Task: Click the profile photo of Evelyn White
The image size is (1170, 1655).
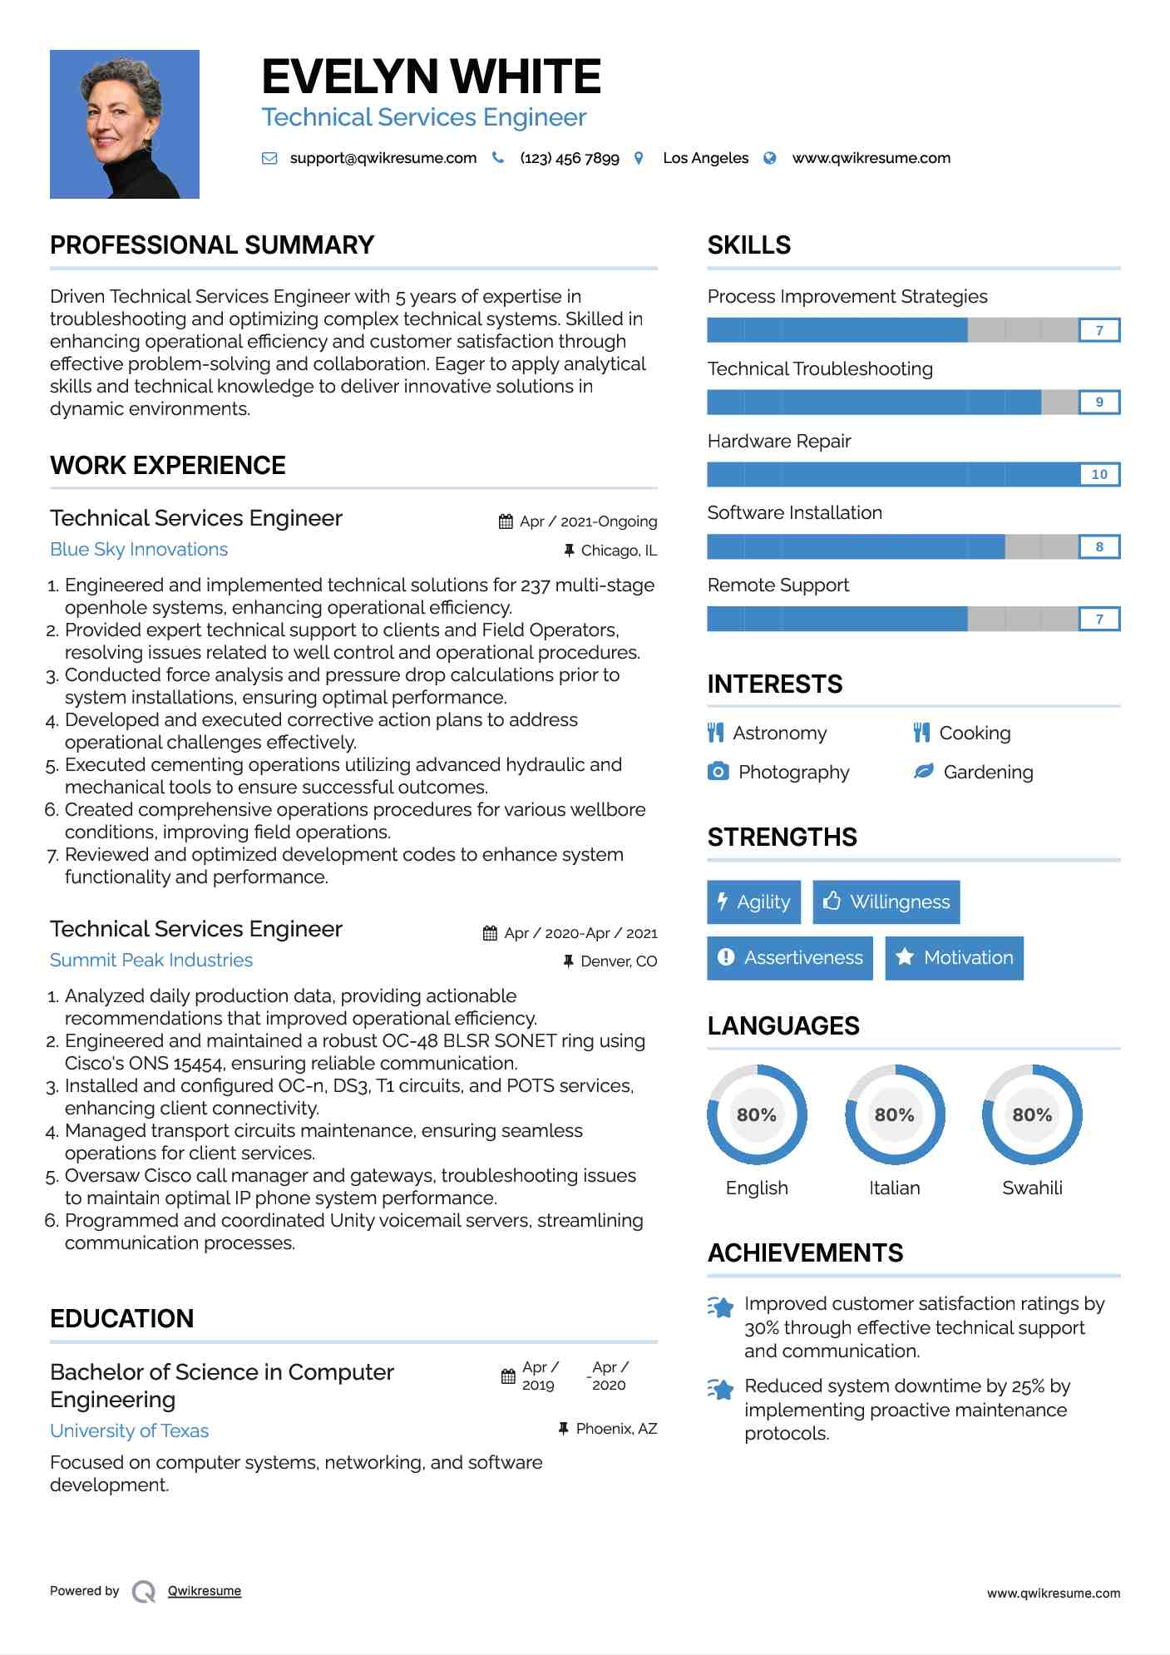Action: tap(125, 124)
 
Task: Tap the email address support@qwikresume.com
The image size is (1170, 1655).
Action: tap(383, 158)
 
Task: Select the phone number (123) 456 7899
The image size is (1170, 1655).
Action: tap(570, 158)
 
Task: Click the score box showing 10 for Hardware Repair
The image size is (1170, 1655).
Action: tap(1099, 474)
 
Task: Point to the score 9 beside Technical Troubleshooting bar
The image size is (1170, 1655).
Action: tap(1099, 403)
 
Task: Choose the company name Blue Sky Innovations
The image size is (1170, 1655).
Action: tap(139, 550)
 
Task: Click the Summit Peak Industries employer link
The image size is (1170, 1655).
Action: tap(151, 961)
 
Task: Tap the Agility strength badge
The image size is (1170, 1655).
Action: tap(753, 902)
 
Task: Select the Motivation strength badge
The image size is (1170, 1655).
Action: tap(954, 958)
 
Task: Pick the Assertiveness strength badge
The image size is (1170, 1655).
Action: tap(790, 958)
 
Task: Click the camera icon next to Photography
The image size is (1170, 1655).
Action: tap(718, 772)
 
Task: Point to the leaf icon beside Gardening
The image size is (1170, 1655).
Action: tap(923, 772)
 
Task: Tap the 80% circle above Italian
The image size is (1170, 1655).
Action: tap(895, 1114)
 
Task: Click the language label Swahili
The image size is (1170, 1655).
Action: tap(1032, 1188)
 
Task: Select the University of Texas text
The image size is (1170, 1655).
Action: tap(130, 1431)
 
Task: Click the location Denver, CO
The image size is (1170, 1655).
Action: tap(619, 961)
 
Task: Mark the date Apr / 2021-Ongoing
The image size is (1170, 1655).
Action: tap(588, 521)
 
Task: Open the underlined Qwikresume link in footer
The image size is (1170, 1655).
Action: tap(205, 1591)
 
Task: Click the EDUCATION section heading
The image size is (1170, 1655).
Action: tap(122, 1319)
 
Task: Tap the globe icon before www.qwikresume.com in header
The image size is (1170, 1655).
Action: tap(770, 158)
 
